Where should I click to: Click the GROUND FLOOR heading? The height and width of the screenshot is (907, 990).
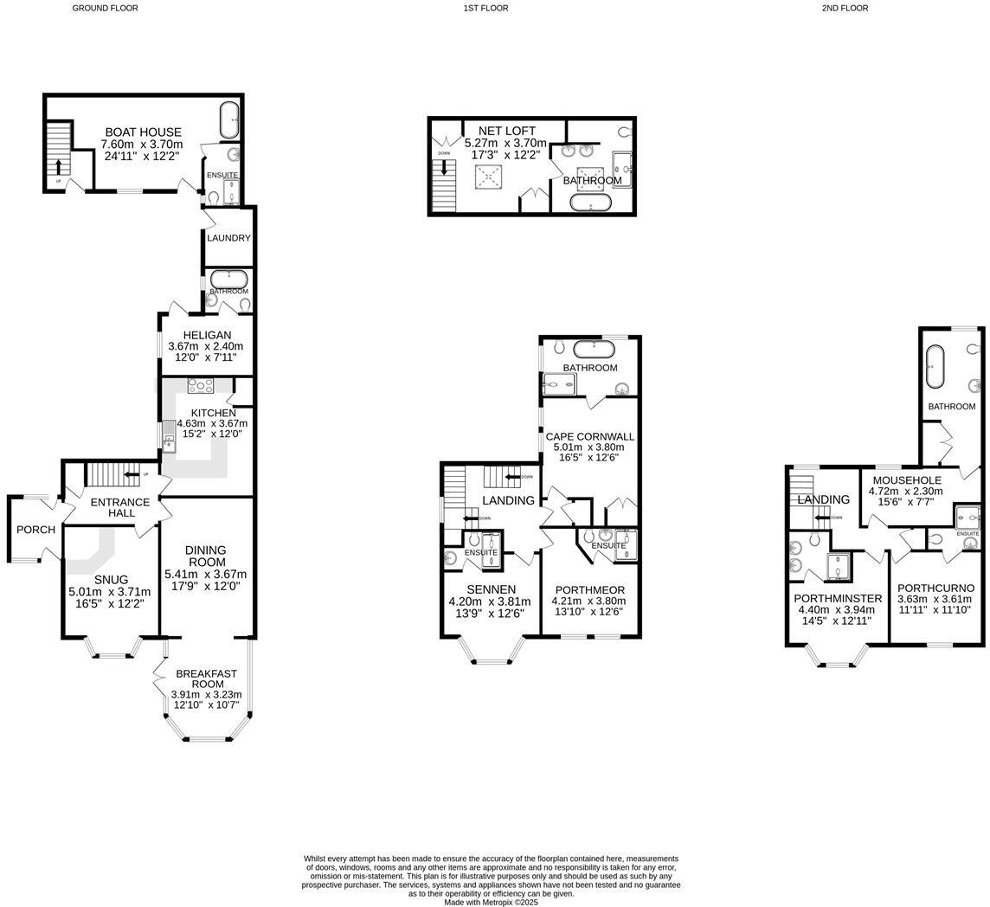[105, 8]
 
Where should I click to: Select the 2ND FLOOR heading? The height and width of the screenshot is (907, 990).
[845, 8]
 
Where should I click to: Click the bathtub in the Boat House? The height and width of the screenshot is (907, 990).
[229, 120]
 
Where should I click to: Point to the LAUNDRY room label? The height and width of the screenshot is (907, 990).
[229, 238]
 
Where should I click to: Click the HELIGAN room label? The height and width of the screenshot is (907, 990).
[207, 336]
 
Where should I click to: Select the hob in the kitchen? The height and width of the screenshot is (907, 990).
[201, 387]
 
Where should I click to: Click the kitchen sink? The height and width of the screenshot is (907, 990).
[169, 441]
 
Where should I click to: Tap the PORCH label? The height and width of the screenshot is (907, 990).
[35, 530]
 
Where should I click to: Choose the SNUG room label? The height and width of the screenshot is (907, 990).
[111, 580]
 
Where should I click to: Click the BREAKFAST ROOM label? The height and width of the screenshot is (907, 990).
[207, 679]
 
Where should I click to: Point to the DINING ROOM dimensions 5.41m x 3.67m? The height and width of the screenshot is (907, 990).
[206, 574]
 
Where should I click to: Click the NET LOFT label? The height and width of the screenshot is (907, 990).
[506, 132]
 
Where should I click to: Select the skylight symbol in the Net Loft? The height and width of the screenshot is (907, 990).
[489, 177]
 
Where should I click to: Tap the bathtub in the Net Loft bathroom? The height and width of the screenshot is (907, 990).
[590, 203]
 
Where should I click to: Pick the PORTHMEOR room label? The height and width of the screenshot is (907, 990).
[588, 590]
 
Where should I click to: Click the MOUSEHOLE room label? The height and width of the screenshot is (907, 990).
[906, 480]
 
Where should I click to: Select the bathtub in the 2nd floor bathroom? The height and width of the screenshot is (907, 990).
[935, 367]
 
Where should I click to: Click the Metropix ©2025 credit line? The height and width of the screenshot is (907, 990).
[491, 902]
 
